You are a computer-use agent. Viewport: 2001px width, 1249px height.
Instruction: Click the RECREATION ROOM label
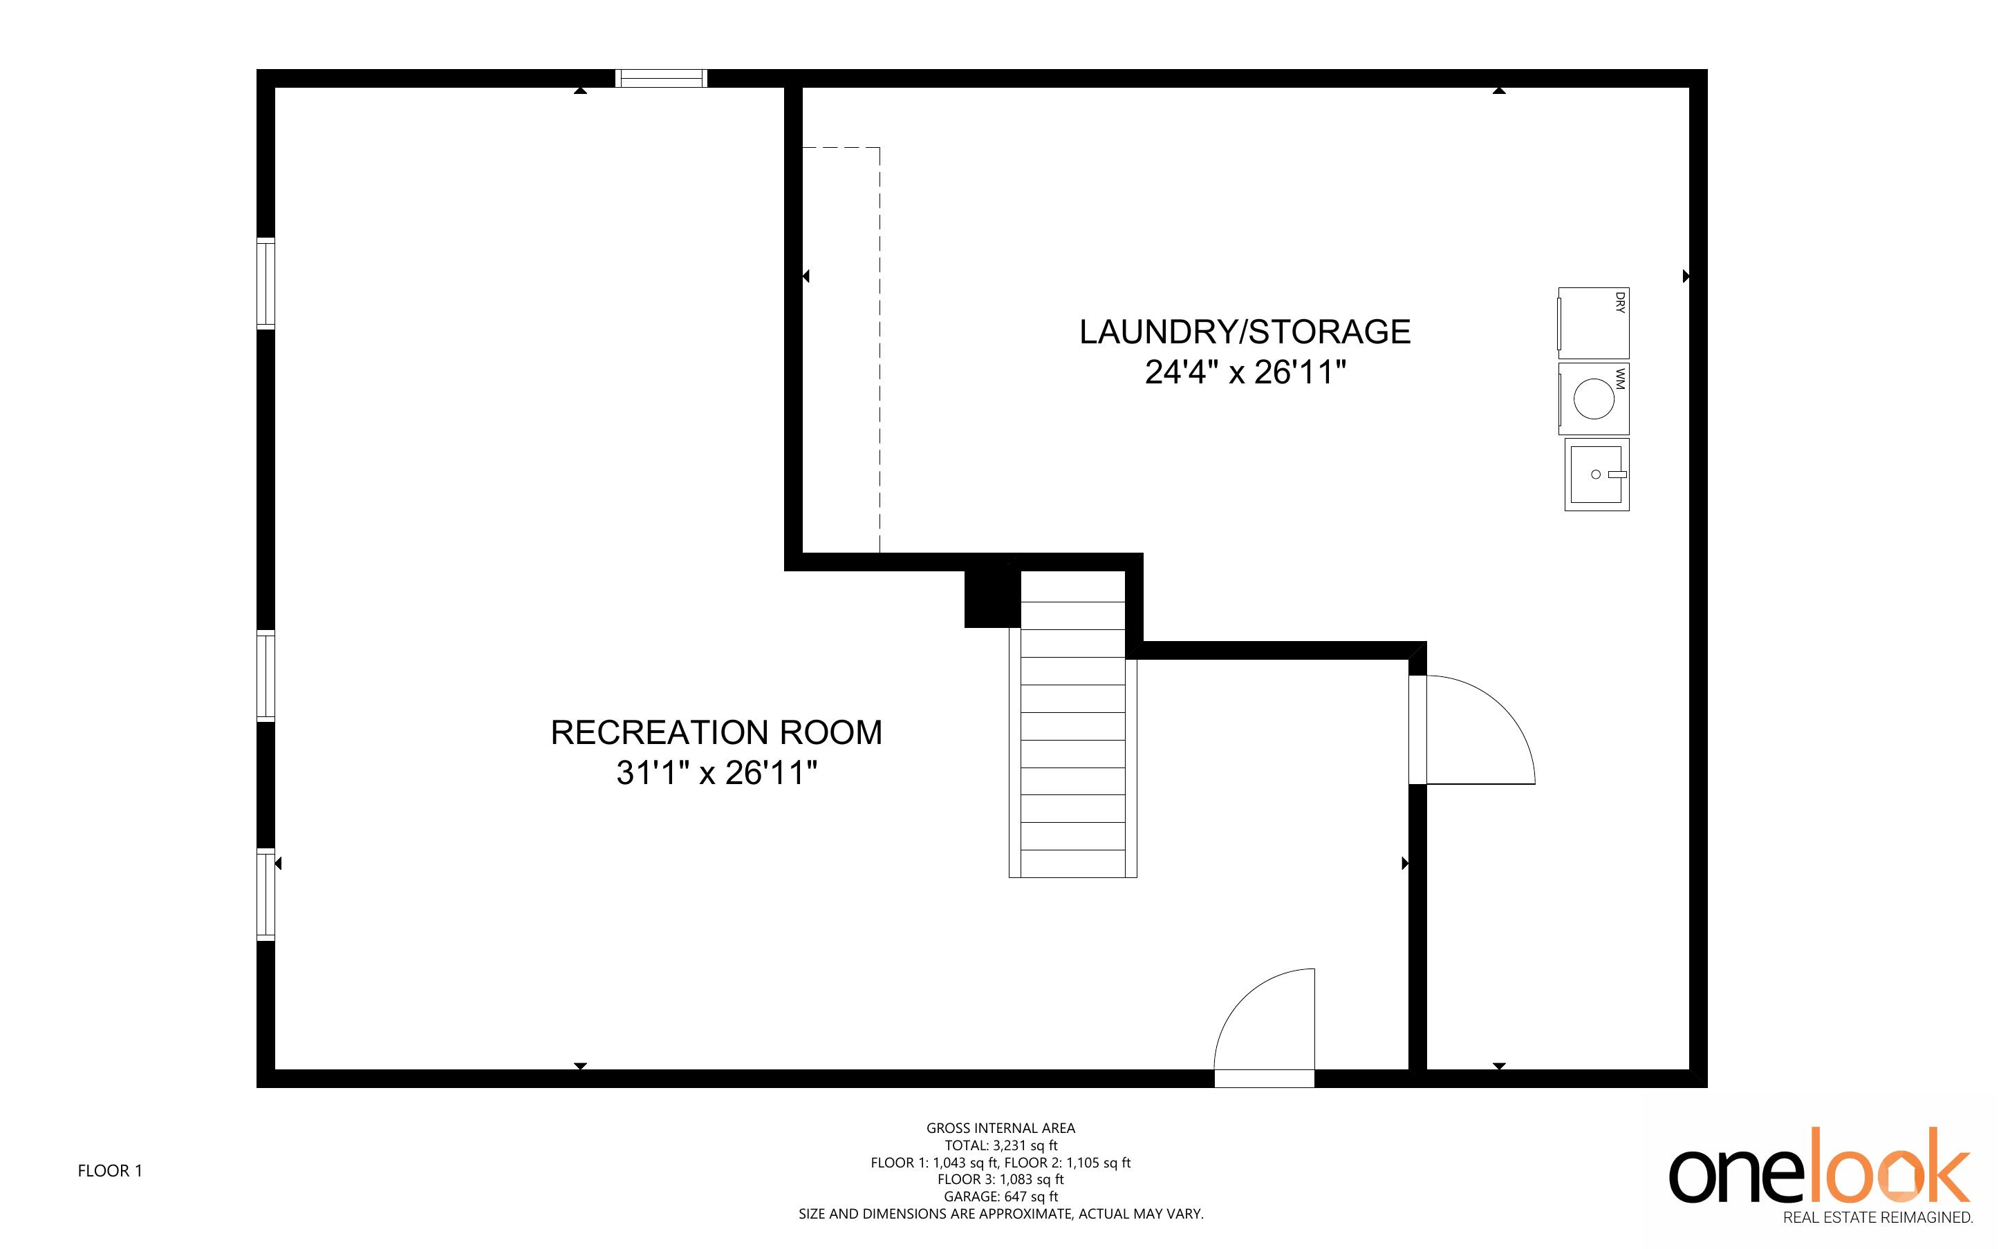(716, 733)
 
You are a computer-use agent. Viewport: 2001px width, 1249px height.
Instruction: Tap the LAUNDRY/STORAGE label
(1245, 332)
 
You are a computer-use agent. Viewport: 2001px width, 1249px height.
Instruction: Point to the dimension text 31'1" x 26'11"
(716, 773)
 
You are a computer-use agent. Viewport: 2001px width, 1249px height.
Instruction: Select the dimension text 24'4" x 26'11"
(1245, 372)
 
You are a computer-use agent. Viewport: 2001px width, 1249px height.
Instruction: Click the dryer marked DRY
(1594, 323)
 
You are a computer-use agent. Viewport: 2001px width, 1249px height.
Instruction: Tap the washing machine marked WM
(1594, 399)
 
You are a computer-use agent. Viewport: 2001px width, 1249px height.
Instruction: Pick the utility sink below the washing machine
(1597, 475)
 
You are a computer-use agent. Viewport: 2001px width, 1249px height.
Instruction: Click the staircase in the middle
(1073, 725)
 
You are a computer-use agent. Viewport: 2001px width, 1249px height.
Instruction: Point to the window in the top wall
(661, 79)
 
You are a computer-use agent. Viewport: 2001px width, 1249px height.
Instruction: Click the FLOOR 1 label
(110, 1170)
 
